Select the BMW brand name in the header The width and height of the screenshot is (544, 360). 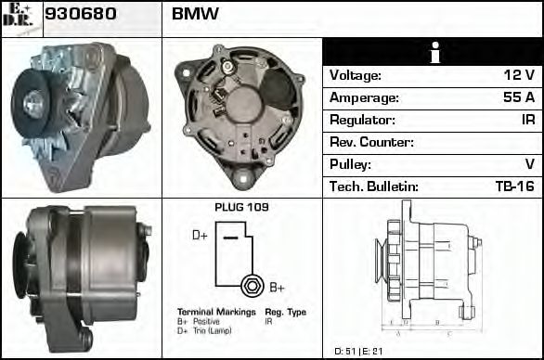196,15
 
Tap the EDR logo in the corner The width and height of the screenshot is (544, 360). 20,18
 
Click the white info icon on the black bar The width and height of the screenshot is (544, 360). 432,52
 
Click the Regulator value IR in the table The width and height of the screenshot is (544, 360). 526,120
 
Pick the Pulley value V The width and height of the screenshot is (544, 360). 530,164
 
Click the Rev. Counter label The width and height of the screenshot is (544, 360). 371,142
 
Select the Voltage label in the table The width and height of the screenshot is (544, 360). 355,75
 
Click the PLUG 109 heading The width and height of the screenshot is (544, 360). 241,207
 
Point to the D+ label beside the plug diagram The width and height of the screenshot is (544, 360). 200,236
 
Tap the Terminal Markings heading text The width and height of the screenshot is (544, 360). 215,312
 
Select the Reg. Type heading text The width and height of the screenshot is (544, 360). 286,312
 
